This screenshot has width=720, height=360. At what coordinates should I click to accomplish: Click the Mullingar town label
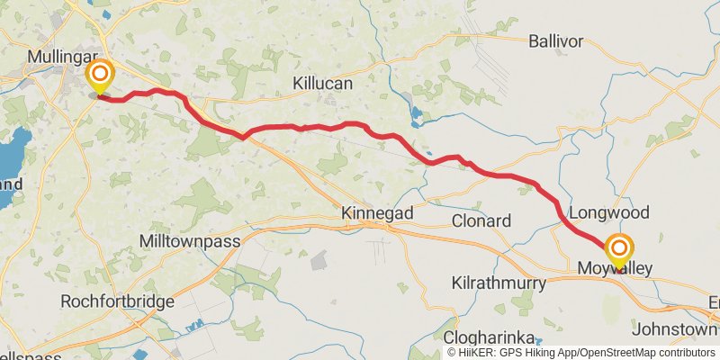pos(62,56)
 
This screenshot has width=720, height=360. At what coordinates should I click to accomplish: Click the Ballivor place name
pos(556,41)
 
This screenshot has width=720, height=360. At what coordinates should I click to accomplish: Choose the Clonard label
pos(481,220)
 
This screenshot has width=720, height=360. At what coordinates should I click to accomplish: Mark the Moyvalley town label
pos(615,269)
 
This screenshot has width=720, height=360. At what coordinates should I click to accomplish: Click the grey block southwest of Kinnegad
pos(319,261)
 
